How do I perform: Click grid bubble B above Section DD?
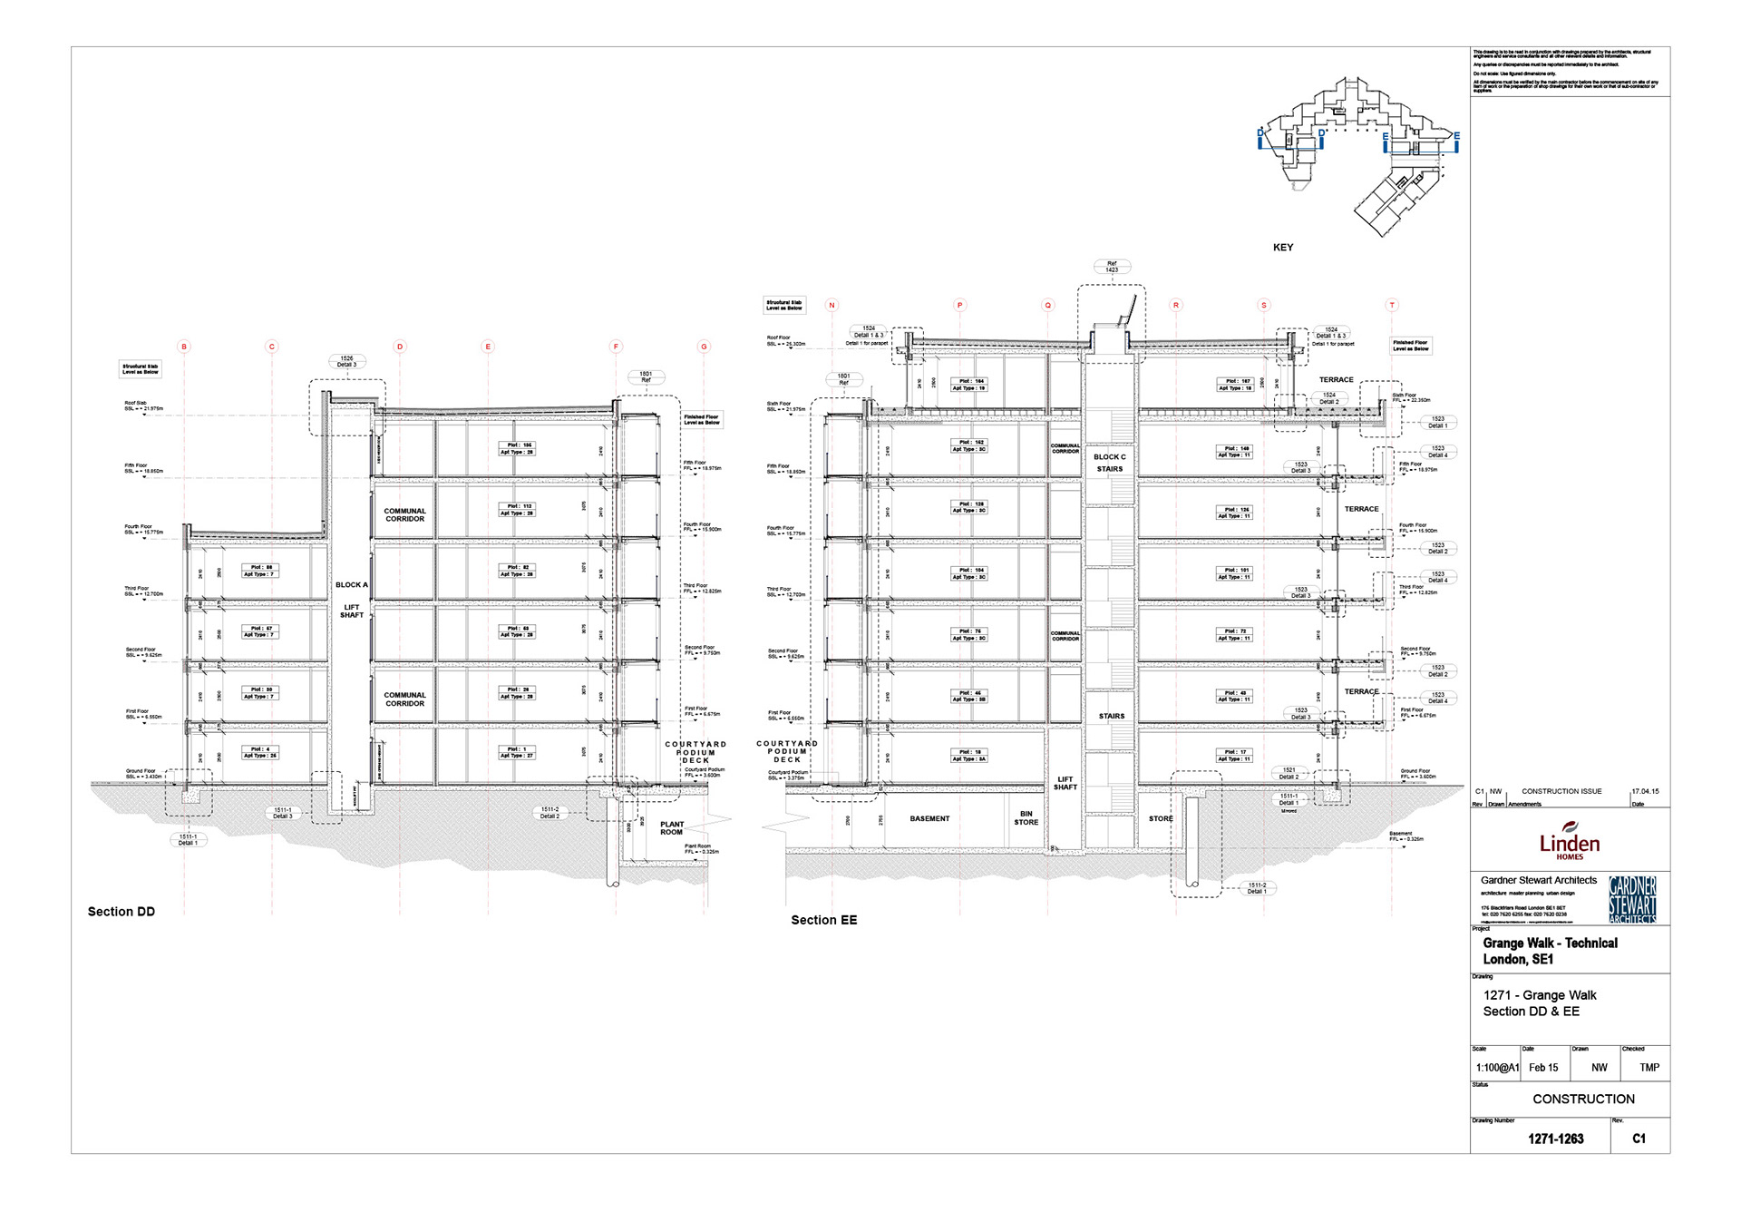(184, 347)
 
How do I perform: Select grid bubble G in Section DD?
(704, 347)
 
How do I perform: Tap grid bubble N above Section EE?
(832, 305)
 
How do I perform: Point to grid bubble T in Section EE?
(1392, 305)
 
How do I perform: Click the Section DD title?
(122, 912)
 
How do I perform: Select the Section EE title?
(823, 920)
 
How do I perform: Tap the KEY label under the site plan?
(1282, 247)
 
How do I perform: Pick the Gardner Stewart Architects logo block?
(1632, 899)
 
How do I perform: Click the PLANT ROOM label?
(672, 828)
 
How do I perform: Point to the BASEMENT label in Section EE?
(929, 818)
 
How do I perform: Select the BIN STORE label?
(1026, 818)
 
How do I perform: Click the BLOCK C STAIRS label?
(1110, 463)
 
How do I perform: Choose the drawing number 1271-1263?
(1555, 1139)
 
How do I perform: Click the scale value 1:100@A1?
(1497, 1068)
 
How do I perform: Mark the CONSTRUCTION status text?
(1583, 1099)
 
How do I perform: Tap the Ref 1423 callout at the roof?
(1112, 267)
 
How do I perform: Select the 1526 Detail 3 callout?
(346, 361)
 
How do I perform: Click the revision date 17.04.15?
(1645, 791)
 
